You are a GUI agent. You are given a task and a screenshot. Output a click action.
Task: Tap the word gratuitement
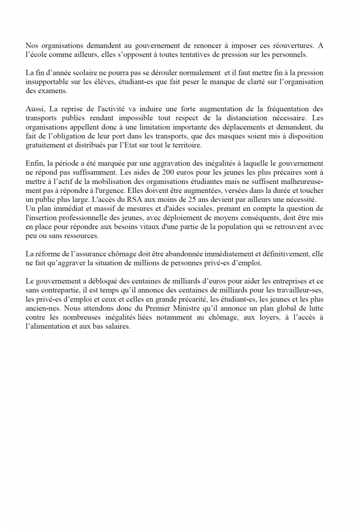pyautogui.click(x=48, y=145)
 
